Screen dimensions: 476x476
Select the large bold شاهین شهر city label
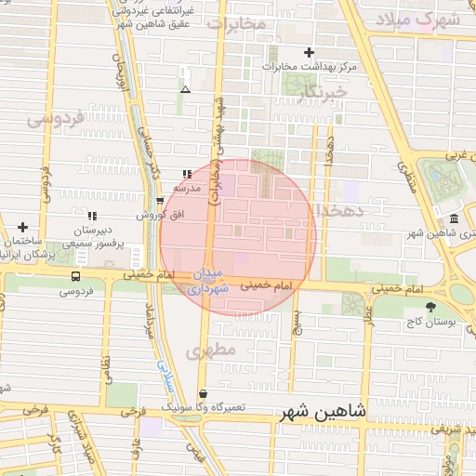[322, 412]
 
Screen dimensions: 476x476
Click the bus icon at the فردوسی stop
[74, 276]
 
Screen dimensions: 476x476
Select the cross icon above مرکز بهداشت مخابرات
[310, 52]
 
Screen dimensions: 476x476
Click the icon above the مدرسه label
[187, 173]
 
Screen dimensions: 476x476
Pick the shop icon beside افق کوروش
[160, 200]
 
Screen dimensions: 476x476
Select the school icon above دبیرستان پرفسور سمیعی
[91, 216]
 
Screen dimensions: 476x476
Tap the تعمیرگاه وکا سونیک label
[204, 408]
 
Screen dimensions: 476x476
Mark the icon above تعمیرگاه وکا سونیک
[204, 393]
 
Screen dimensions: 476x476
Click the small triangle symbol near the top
[186, 90]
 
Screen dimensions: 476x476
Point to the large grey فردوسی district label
[55, 119]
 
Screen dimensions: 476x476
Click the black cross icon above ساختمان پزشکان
[22, 227]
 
